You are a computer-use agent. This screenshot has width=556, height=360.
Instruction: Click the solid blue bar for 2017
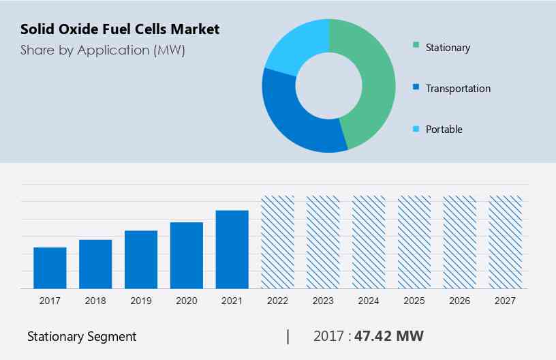(50, 267)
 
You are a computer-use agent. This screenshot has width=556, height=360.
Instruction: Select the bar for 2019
(141, 259)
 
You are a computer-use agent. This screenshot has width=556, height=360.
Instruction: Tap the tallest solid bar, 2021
(232, 249)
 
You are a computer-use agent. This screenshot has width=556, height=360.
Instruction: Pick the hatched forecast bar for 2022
(278, 242)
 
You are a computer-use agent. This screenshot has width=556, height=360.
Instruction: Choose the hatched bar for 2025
(414, 242)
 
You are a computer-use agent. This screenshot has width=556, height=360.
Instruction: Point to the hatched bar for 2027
(506, 242)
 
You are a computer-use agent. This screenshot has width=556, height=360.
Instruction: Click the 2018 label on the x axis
(95, 301)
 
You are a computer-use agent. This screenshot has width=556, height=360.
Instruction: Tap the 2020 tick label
(187, 301)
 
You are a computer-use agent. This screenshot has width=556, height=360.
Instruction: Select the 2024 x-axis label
(369, 301)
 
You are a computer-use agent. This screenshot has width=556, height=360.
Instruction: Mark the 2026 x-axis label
(460, 301)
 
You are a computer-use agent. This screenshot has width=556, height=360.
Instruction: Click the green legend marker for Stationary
(416, 47)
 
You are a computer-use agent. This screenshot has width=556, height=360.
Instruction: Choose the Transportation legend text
(457, 88)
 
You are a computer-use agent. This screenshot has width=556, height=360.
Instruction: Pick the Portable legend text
(444, 129)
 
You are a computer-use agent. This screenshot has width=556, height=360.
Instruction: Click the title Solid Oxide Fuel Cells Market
(120, 29)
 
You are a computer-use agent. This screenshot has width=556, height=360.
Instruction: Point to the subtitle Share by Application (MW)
(102, 50)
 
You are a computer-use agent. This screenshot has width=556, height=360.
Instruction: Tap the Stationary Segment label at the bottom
(82, 336)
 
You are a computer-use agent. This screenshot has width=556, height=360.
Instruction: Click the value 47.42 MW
(389, 336)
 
